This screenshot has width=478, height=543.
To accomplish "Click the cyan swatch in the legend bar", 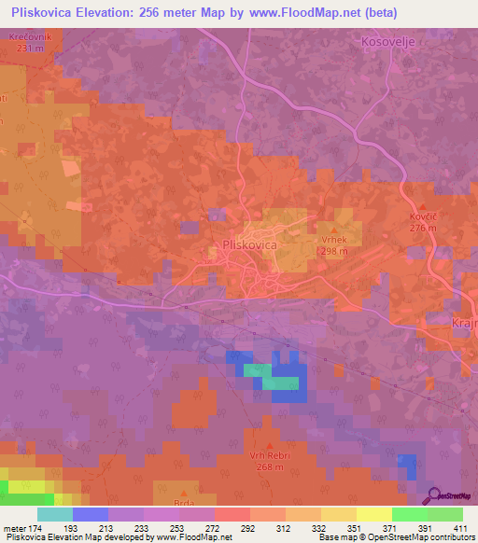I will tap(55, 514).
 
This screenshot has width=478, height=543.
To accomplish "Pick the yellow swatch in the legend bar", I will tap(373, 514).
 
